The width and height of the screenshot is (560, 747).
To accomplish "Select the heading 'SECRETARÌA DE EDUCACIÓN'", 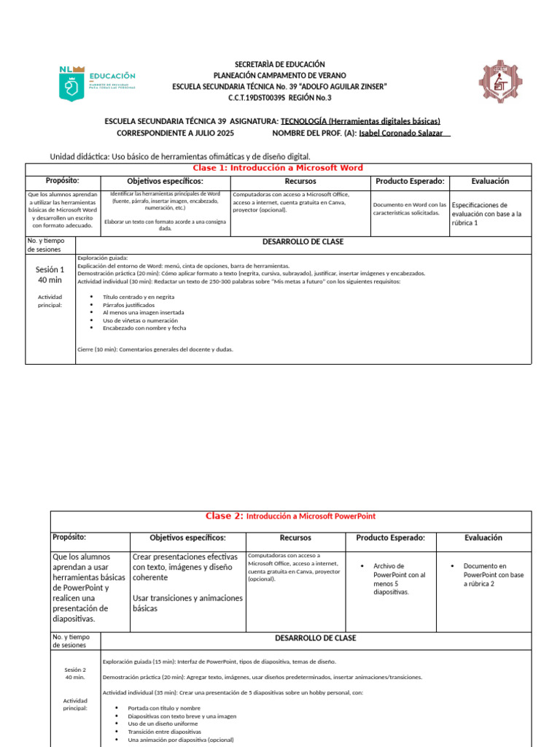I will [x=280, y=65].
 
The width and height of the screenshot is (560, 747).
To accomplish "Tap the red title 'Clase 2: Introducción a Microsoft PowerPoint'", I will [x=290, y=516].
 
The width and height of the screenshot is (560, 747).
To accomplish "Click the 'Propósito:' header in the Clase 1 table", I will [x=62, y=181].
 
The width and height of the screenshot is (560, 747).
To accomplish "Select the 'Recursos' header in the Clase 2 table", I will [x=295, y=538].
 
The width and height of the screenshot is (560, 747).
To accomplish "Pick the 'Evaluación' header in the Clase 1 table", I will [x=490, y=181].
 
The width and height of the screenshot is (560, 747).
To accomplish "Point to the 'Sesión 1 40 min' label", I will [x=50, y=274].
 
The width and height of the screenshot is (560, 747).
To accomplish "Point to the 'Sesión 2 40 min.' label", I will [x=75, y=673].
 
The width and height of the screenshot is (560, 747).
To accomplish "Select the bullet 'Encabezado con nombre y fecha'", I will [x=144, y=328].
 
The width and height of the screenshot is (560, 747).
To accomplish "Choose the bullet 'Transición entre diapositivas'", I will [x=164, y=732].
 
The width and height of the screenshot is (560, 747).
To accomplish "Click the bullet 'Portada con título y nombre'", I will [x=163, y=708].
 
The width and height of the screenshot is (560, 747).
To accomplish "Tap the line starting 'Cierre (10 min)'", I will [x=155, y=349].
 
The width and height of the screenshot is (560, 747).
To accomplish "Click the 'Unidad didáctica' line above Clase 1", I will [x=179, y=157].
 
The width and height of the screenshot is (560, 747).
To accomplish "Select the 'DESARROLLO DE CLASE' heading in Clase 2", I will [x=315, y=638].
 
